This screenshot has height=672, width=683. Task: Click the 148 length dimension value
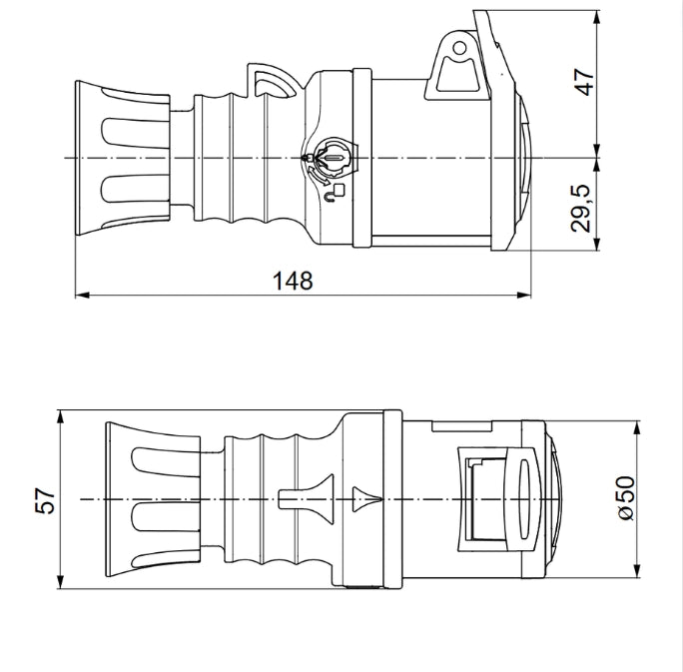tap(293, 281)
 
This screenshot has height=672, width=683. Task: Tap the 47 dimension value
tap(583, 82)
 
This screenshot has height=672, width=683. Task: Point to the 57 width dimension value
tap(45, 500)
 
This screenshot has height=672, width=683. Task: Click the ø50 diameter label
tap(626, 498)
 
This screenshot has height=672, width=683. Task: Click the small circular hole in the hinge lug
tap(459, 48)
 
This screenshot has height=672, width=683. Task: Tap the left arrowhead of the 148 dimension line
tap(82, 295)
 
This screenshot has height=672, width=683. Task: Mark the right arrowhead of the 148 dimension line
tap(524, 295)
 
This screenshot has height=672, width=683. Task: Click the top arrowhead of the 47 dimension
tap(597, 18)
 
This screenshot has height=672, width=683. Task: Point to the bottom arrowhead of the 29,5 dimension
tap(597, 243)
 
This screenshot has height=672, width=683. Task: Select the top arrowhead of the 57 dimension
tap(60, 417)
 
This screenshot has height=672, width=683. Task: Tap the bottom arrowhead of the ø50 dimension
tap(637, 571)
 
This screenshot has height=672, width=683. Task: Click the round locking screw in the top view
tap(335, 158)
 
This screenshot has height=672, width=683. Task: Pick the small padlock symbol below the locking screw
tap(335, 194)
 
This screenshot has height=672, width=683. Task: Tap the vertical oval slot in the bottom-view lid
tap(522, 498)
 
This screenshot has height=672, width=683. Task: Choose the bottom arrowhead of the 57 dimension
tap(60, 582)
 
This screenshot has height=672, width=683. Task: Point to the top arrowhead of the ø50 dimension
tap(637, 428)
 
